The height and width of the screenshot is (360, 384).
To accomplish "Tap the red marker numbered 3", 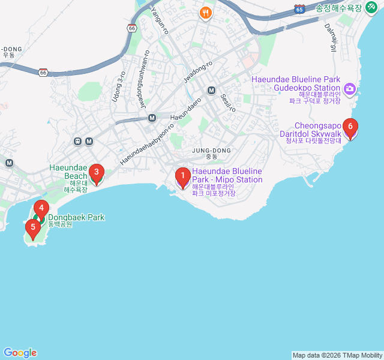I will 96,173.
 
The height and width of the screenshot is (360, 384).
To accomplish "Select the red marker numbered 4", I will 40,209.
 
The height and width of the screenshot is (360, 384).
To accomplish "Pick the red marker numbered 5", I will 33,227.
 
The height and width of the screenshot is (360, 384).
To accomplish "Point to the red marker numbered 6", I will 350,127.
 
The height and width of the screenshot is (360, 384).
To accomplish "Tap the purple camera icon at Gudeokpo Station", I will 350,90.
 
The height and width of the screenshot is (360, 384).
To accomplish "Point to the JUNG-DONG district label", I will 211,150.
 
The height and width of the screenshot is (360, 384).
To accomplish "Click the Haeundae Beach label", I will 68,172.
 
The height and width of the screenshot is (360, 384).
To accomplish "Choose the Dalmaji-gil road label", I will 331,37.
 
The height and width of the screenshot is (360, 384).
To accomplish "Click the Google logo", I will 20,353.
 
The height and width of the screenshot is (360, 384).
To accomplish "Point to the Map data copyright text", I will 337,355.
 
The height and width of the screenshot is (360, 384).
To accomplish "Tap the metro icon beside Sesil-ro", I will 211,90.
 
